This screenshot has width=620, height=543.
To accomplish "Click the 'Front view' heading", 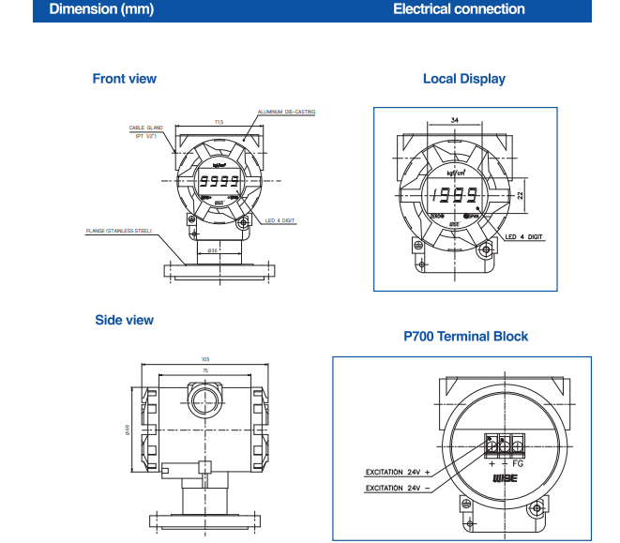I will coord(124,79).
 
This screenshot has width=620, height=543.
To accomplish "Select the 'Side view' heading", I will coord(124,320).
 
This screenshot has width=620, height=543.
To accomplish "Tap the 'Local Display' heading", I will coord(463,79).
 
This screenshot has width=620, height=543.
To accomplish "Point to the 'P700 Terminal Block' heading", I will coord(465,336).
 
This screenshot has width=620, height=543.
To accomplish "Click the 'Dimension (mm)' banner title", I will coord(101,9).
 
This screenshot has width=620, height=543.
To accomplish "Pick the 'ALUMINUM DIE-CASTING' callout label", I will coord(286,112).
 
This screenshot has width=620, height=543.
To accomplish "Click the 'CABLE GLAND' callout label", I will coord(145,128).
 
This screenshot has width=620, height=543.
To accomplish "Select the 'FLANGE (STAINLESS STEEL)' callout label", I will coord(118,231).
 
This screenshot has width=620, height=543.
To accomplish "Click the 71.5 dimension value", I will coord(219,122).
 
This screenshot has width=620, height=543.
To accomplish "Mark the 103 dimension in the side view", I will coord(204,359).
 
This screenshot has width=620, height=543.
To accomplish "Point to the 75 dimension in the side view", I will coord(204,370).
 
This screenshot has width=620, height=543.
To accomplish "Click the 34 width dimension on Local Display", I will coord(455,121).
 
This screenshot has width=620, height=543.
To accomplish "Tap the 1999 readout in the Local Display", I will coord(453,197).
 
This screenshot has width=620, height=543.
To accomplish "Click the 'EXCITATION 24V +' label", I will coord(397,472).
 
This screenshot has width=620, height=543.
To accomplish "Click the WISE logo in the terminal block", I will coord(504,477).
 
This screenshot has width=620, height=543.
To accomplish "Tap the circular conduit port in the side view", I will coord(204,402).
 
